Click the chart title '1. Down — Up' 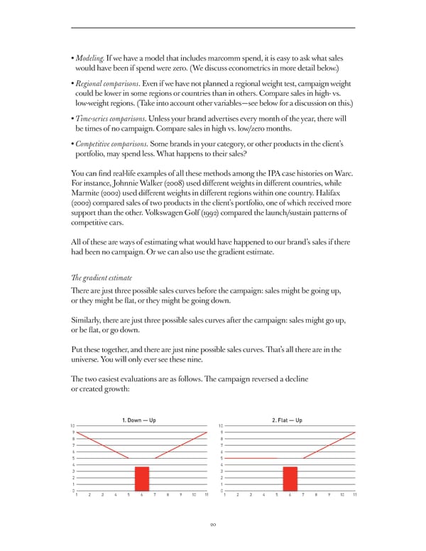pos(139,420)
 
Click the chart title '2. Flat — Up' pos(288,420)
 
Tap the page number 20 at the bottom pos(213,525)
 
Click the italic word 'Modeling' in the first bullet pos(92,57)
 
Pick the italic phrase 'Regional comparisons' pos(108,83)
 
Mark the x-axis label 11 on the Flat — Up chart pos(354,495)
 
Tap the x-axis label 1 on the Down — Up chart pos(76,495)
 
